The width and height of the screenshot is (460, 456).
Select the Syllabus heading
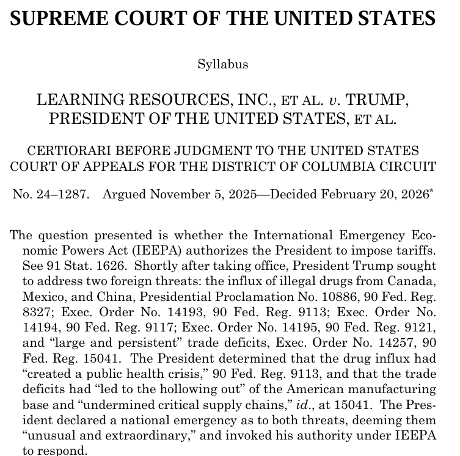(x=222, y=63)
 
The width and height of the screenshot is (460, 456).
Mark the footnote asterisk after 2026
(x=432, y=191)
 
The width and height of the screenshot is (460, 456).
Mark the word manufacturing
(x=381, y=389)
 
